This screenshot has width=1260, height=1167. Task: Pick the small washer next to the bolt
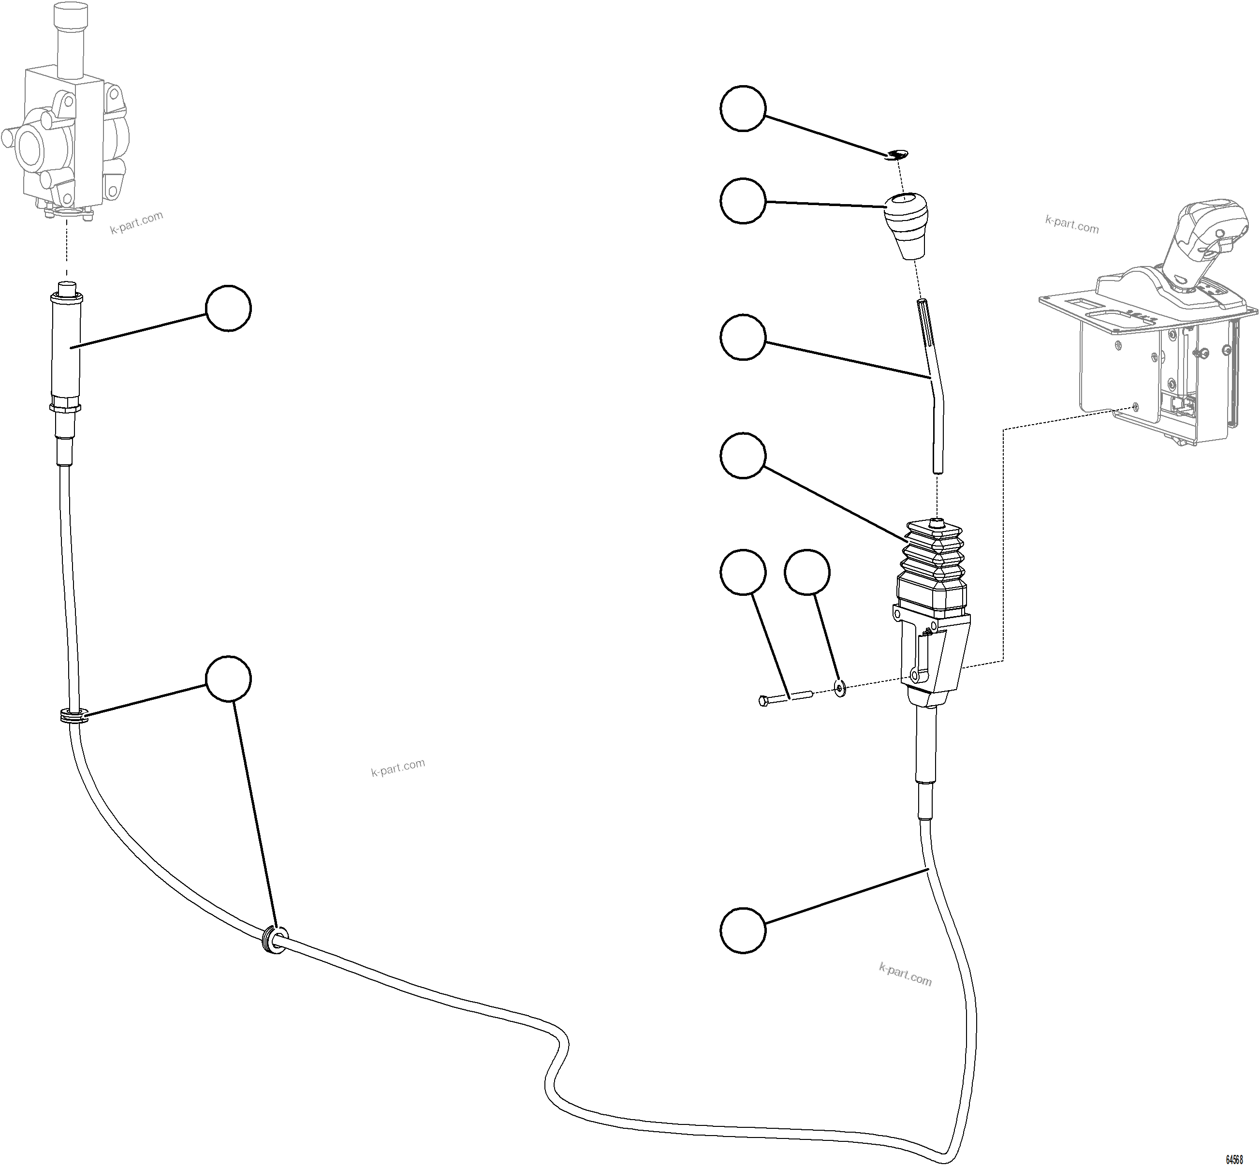839,687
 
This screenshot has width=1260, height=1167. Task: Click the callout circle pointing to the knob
743,201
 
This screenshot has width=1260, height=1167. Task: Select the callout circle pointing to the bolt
743,572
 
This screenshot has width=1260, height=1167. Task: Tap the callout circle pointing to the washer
807,572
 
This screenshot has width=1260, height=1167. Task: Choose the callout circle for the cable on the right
743,930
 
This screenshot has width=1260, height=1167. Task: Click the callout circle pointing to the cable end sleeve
229,308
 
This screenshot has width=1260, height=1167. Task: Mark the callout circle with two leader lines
229,678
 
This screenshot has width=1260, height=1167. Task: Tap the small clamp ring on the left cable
74,717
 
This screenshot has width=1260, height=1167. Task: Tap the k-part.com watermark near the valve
137,222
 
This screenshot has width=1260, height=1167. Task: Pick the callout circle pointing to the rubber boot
743,455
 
